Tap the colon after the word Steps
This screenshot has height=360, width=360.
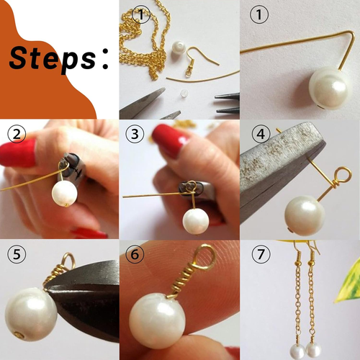tap(105, 58)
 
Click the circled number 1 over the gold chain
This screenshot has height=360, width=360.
tap(141, 14)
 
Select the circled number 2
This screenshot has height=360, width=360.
tap(17, 134)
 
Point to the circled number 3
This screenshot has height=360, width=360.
tap(135, 134)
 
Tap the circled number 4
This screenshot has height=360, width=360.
tap(261, 134)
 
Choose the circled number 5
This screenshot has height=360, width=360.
tap(17, 254)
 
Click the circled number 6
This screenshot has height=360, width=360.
tap(135, 254)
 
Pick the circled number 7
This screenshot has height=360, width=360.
tap(261, 254)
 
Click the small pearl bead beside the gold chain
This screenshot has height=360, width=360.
tap(178, 50)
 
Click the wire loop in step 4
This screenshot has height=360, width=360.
tap(343, 175)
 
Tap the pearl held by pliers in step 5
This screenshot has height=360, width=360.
tap(31, 315)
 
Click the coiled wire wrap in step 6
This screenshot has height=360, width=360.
tap(181, 277)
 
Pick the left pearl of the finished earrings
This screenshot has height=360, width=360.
tap(297, 351)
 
